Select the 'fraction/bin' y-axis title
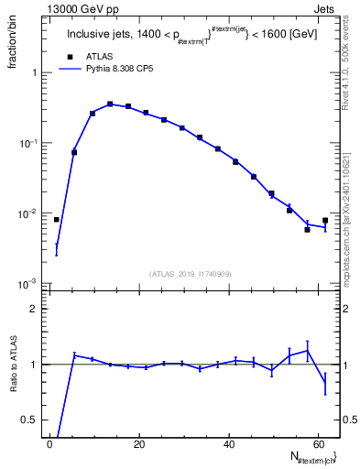13,46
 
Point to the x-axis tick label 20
138,442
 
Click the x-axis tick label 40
228,442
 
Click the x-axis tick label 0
49,442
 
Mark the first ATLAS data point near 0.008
56,220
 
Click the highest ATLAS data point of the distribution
110,104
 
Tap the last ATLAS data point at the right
325,220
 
